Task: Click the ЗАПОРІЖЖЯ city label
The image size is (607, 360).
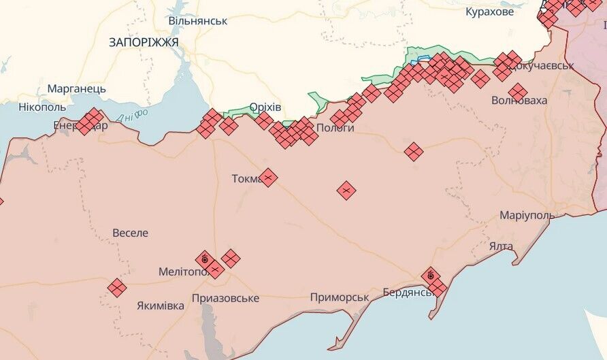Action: (144, 42)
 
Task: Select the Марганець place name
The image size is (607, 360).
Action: (76, 88)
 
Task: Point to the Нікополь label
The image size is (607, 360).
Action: (42, 107)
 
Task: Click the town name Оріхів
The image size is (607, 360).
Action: (265, 107)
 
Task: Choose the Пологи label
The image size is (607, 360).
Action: (335, 127)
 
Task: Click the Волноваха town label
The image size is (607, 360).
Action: (519, 101)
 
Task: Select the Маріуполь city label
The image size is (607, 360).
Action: (527, 215)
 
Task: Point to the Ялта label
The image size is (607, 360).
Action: (501, 246)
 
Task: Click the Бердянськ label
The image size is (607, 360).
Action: (407, 292)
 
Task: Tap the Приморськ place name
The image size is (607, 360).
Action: (339, 297)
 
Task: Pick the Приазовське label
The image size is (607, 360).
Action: (225, 298)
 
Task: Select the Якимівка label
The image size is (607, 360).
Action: (160, 306)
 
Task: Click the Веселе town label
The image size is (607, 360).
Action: (130, 233)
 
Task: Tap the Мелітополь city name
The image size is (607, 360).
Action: (184, 272)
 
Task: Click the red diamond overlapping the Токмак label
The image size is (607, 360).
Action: (268, 178)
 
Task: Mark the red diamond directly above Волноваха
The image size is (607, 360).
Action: (518, 92)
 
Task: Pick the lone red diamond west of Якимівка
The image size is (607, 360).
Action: (117, 288)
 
